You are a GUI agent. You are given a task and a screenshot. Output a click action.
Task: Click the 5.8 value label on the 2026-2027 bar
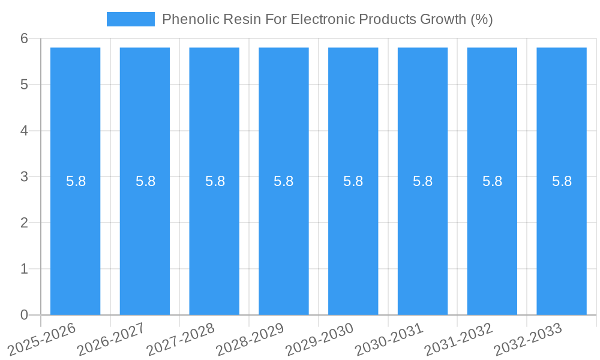145,181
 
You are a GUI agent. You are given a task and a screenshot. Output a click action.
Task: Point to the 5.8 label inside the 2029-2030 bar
353,181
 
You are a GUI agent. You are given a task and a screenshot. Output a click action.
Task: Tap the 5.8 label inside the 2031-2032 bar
492,181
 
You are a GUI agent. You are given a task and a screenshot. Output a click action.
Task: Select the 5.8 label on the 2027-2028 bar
215,181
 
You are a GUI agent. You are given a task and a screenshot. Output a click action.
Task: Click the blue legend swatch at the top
130,19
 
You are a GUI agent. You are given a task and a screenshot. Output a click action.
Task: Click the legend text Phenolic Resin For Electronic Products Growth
327,19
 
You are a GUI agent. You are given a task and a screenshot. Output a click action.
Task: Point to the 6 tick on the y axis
24,38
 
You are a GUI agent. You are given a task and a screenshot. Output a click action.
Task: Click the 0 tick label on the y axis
24,315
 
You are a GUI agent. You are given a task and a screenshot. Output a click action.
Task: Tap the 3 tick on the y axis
24,177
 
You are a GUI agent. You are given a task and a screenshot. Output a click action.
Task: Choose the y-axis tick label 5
24,85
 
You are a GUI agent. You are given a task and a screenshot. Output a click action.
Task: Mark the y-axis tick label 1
24,269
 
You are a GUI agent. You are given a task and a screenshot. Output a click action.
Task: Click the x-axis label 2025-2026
43,338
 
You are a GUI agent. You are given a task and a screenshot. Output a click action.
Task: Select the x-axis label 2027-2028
182,338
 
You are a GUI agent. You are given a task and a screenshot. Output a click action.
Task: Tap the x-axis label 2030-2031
390,338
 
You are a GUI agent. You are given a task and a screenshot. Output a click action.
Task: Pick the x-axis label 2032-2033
529,338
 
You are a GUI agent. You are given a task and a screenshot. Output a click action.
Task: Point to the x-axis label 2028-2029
251,338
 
